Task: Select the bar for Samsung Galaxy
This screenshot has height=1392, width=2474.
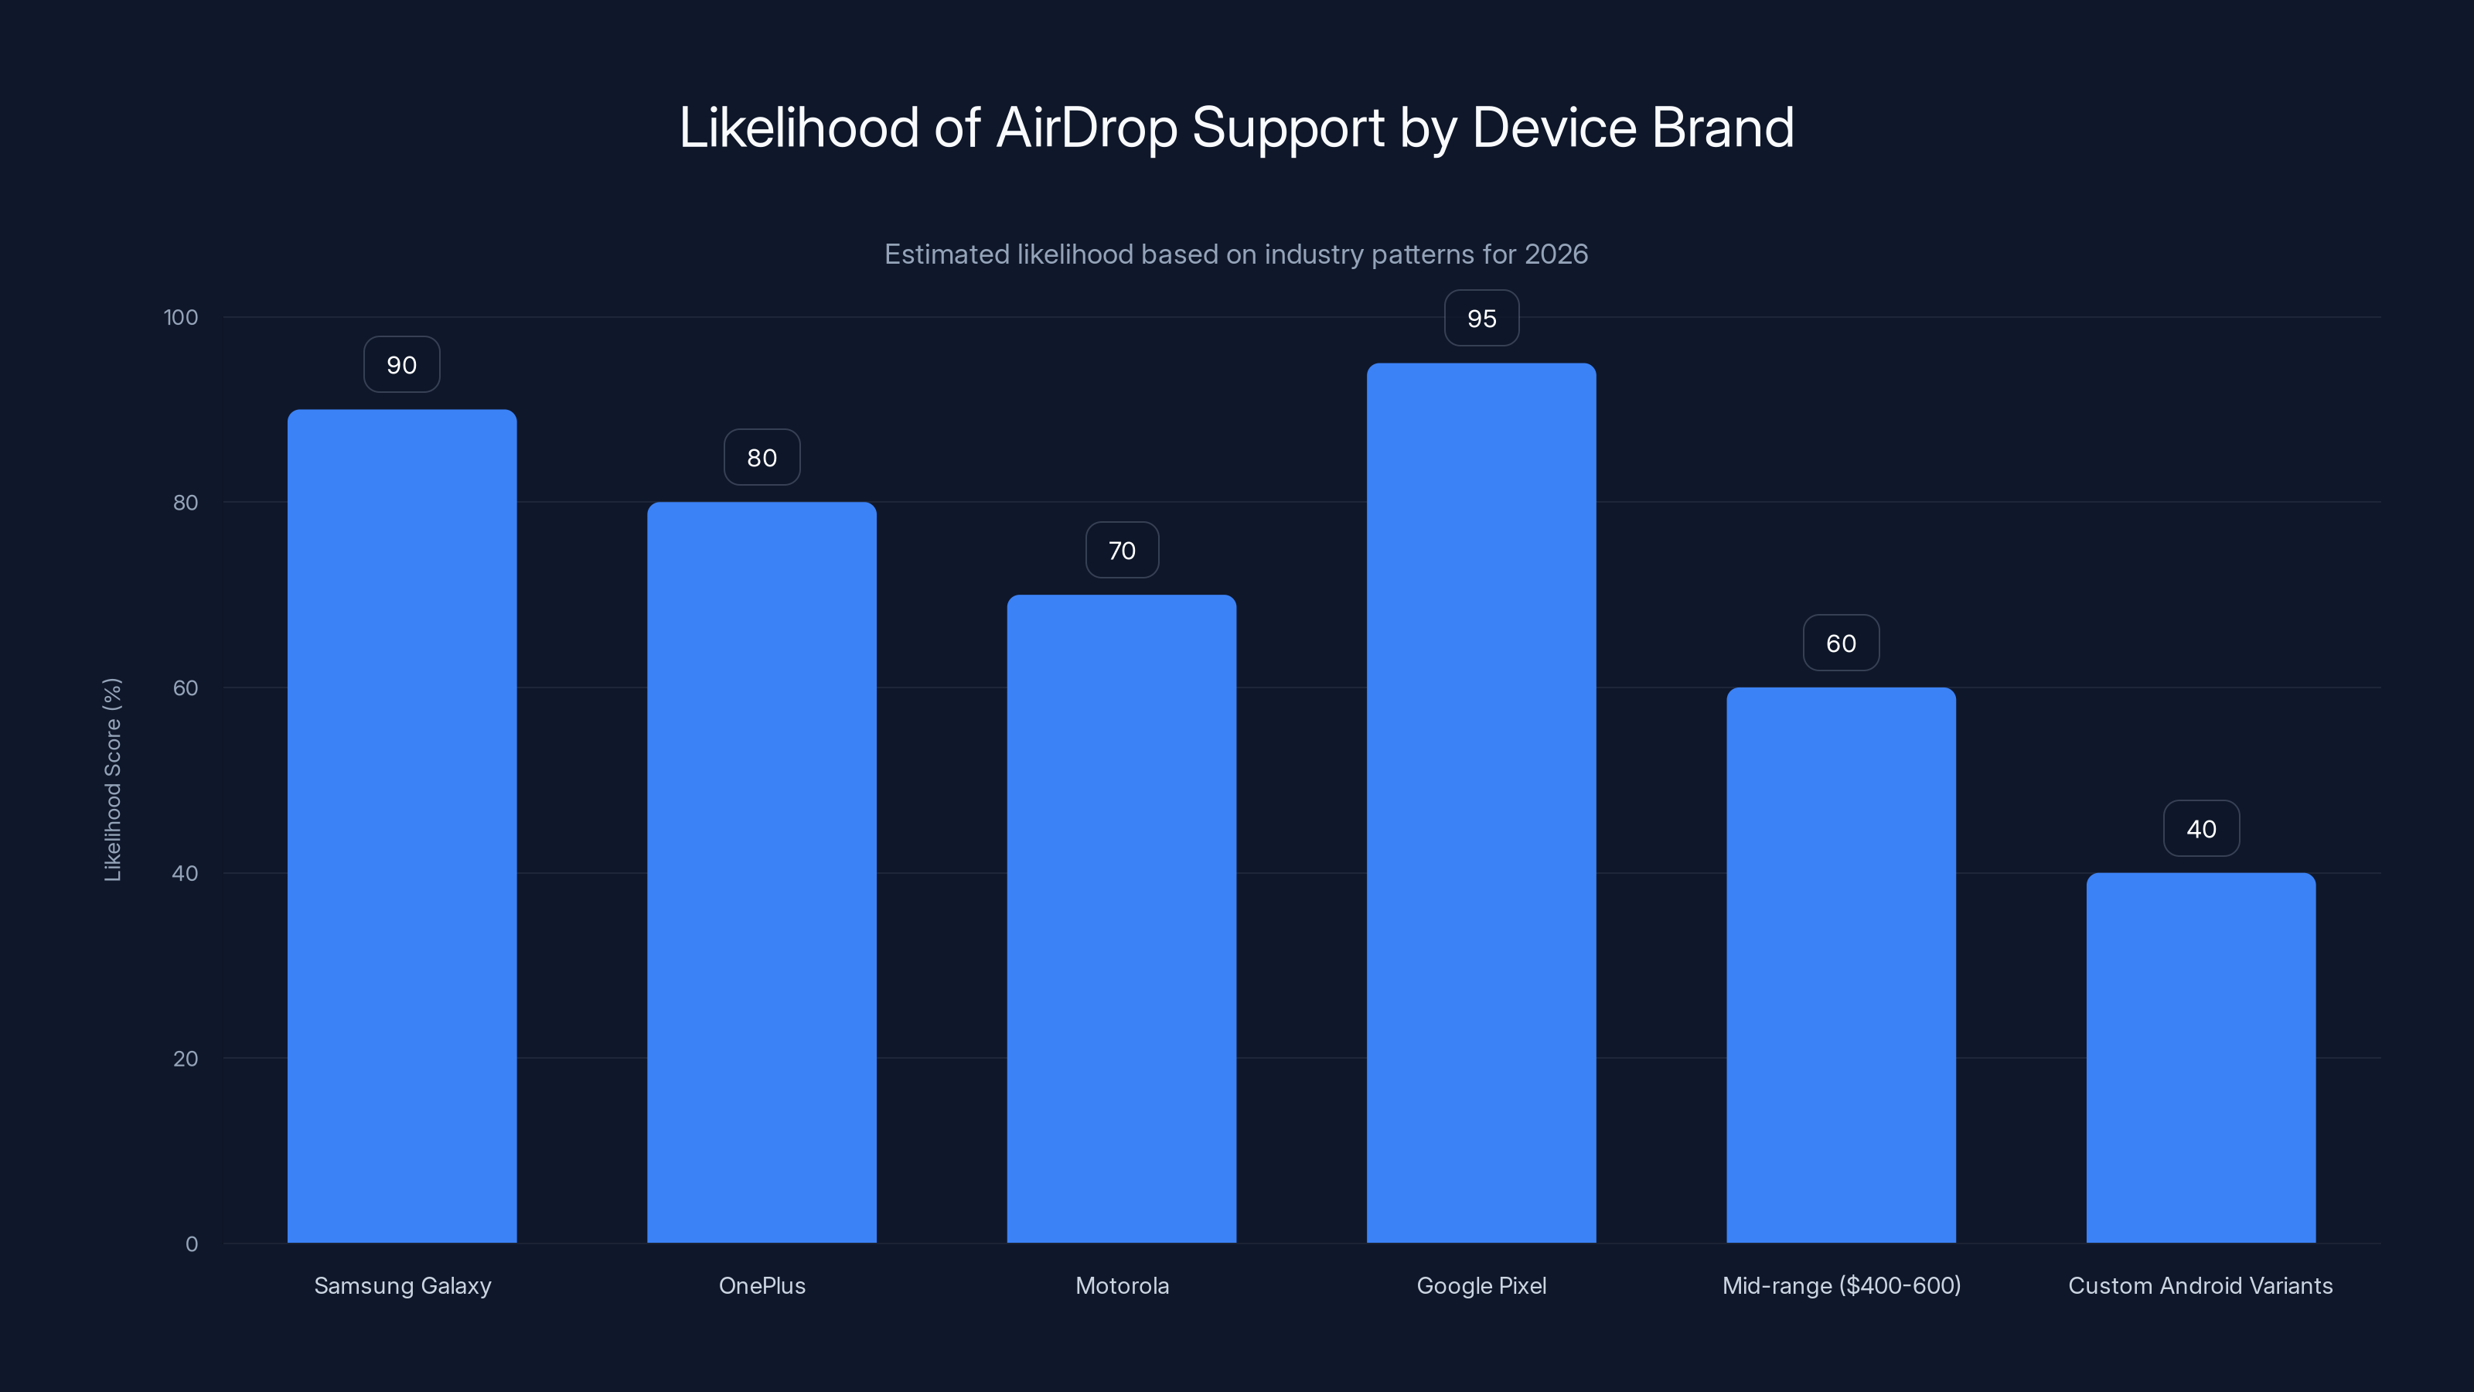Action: pyautogui.click(x=401, y=826)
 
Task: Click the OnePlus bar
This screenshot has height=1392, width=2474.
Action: pyautogui.click(x=762, y=872)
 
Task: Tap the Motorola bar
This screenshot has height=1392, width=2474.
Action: pyautogui.click(x=1121, y=919)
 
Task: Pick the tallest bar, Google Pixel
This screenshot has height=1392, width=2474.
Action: pyautogui.click(x=1481, y=803)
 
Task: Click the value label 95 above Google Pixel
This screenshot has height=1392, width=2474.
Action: pyautogui.click(x=1481, y=319)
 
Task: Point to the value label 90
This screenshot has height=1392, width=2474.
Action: pyautogui.click(x=401, y=365)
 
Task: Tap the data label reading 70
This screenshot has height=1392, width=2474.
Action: pyautogui.click(x=1122, y=551)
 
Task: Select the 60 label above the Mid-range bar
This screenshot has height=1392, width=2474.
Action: pyautogui.click(x=1840, y=643)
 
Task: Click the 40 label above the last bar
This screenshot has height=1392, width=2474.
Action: pyautogui.click(x=2200, y=829)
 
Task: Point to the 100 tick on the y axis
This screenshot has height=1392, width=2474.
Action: pyautogui.click(x=181, y=317)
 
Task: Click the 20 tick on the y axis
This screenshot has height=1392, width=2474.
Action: pyautogui.click(x=186, y=1059)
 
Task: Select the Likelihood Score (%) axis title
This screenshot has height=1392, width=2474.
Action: pyautogui.click(x=112, y=779)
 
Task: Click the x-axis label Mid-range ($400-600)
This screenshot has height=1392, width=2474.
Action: pyautogui.click(x=1840, y=1285)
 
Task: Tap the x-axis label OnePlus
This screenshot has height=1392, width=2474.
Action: pyautogui.click(x=762, y=1285)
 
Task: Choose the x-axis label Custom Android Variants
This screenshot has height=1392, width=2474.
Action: pyautogui.click(x=2200, y=1285)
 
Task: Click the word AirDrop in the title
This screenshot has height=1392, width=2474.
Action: pyautogui.click(x=1086, y=128)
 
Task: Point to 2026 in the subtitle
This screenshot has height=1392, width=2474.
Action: pyautogui.click(x=1556, y=254)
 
